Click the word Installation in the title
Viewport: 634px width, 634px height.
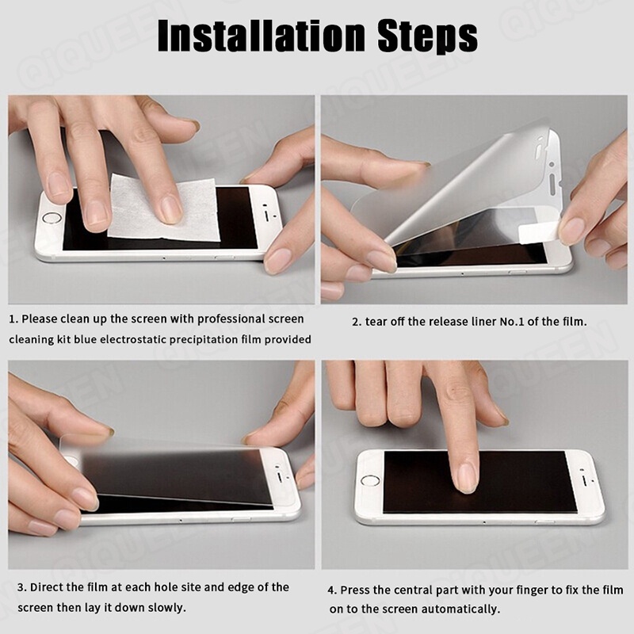tap(262, 36)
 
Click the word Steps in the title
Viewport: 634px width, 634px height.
tap(427, 37)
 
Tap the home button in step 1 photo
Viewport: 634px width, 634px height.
tap(52, 218)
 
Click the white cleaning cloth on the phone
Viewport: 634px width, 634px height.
tap(164, 208)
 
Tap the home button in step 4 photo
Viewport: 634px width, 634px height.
tap(369, 481)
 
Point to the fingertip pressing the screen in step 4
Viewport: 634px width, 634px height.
tap(466, 479)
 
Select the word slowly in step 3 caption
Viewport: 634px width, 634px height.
tap(166, 608)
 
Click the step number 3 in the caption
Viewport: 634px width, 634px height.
tap(21, 587)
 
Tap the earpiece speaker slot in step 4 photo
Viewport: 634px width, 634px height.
tap(586, 481)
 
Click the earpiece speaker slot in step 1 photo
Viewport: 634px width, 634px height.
tap(267, 213)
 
